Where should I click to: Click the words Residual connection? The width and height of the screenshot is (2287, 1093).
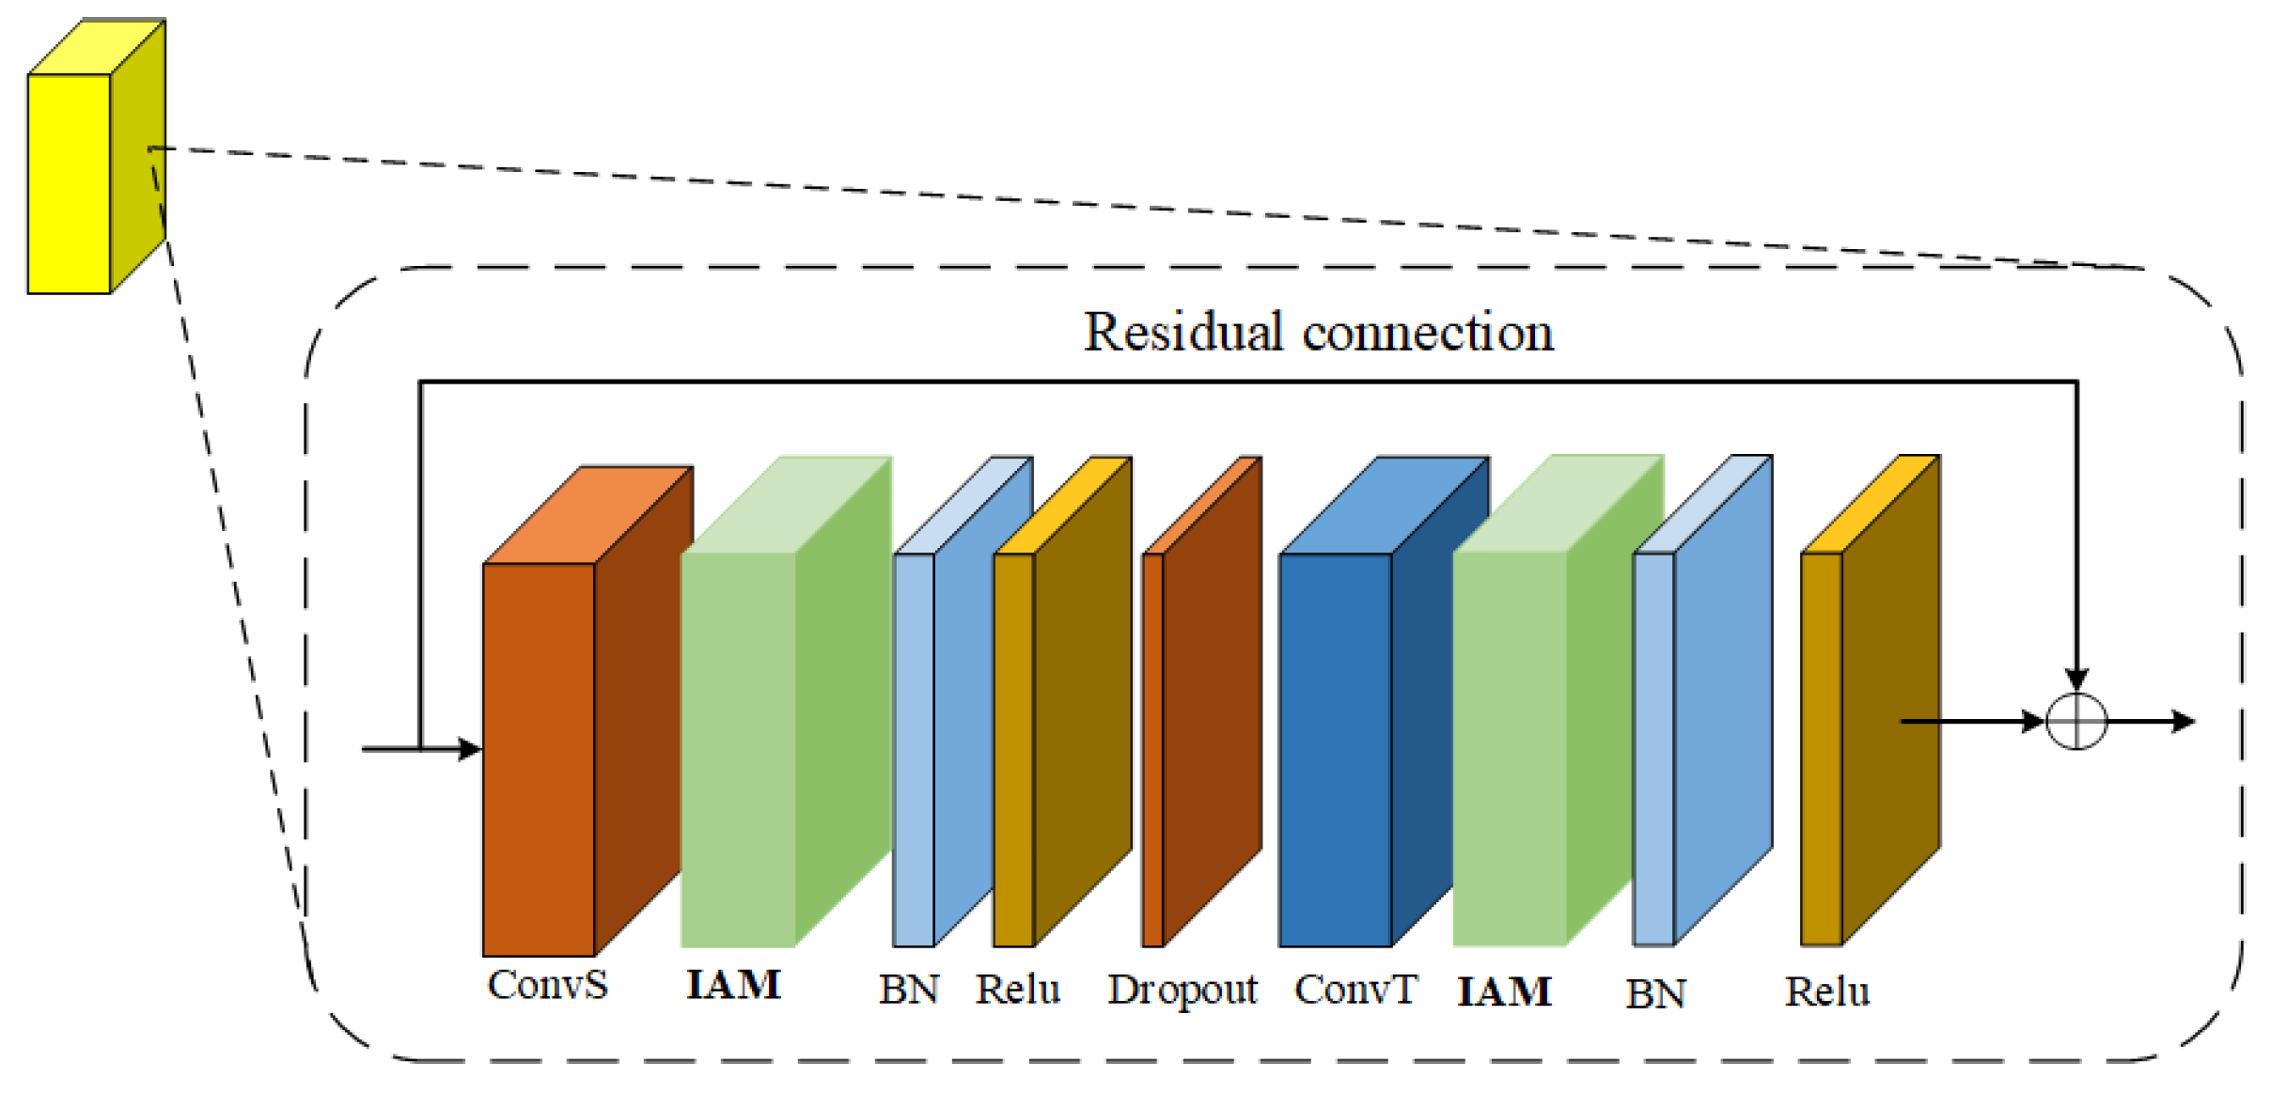(x=1318, y=333)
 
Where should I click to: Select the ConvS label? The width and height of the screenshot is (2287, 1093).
(x=547, y=985)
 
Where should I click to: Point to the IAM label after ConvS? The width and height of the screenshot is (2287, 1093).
(x=733, y=985)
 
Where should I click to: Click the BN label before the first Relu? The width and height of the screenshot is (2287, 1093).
(x=908, y=990)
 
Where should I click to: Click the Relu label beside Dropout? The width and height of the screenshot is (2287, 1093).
(x=1018, y=990)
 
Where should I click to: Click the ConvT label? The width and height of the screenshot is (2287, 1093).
(x=1355, y=990)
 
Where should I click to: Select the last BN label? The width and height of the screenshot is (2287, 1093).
(x=1655, y=993)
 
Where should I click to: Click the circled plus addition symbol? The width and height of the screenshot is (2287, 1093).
(x=2076, y=722)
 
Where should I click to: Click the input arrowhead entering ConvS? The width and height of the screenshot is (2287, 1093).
(x=470, y=749)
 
